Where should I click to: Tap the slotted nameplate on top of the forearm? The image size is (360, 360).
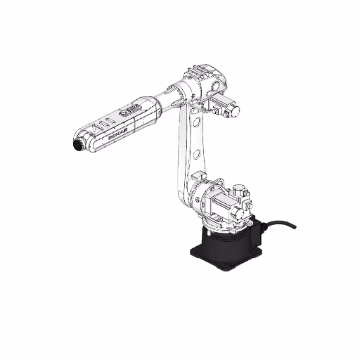[x=131, y=110]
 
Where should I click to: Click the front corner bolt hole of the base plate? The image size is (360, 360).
[x=222, y=266]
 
